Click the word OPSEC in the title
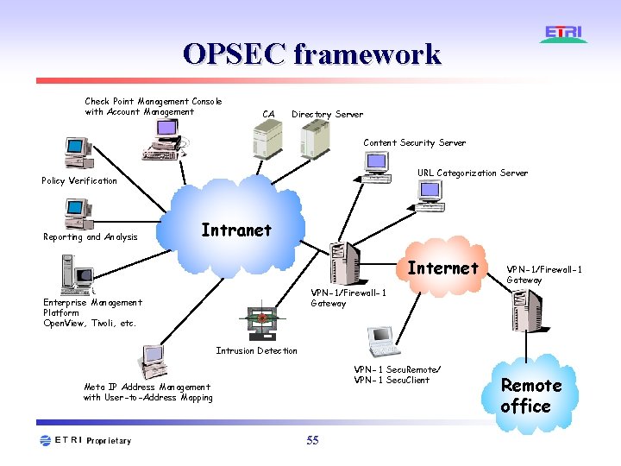coord(234,54)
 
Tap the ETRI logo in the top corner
coord(564,35)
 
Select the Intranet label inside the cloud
coord(235,230)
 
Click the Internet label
coord(442,268)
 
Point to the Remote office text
coord(530,396)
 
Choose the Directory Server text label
coord(327,115)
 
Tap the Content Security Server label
coord(414,143)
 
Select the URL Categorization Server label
coord(473,173)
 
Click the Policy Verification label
coord(79,181)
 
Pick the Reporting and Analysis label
coord(91,237)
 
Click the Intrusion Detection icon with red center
coord(261,319)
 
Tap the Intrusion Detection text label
coord(256,351)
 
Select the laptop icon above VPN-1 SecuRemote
coord(380,342)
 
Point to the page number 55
coord(312,441)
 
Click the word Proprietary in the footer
coord(110,441)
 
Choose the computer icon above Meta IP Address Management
coord(154,362)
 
